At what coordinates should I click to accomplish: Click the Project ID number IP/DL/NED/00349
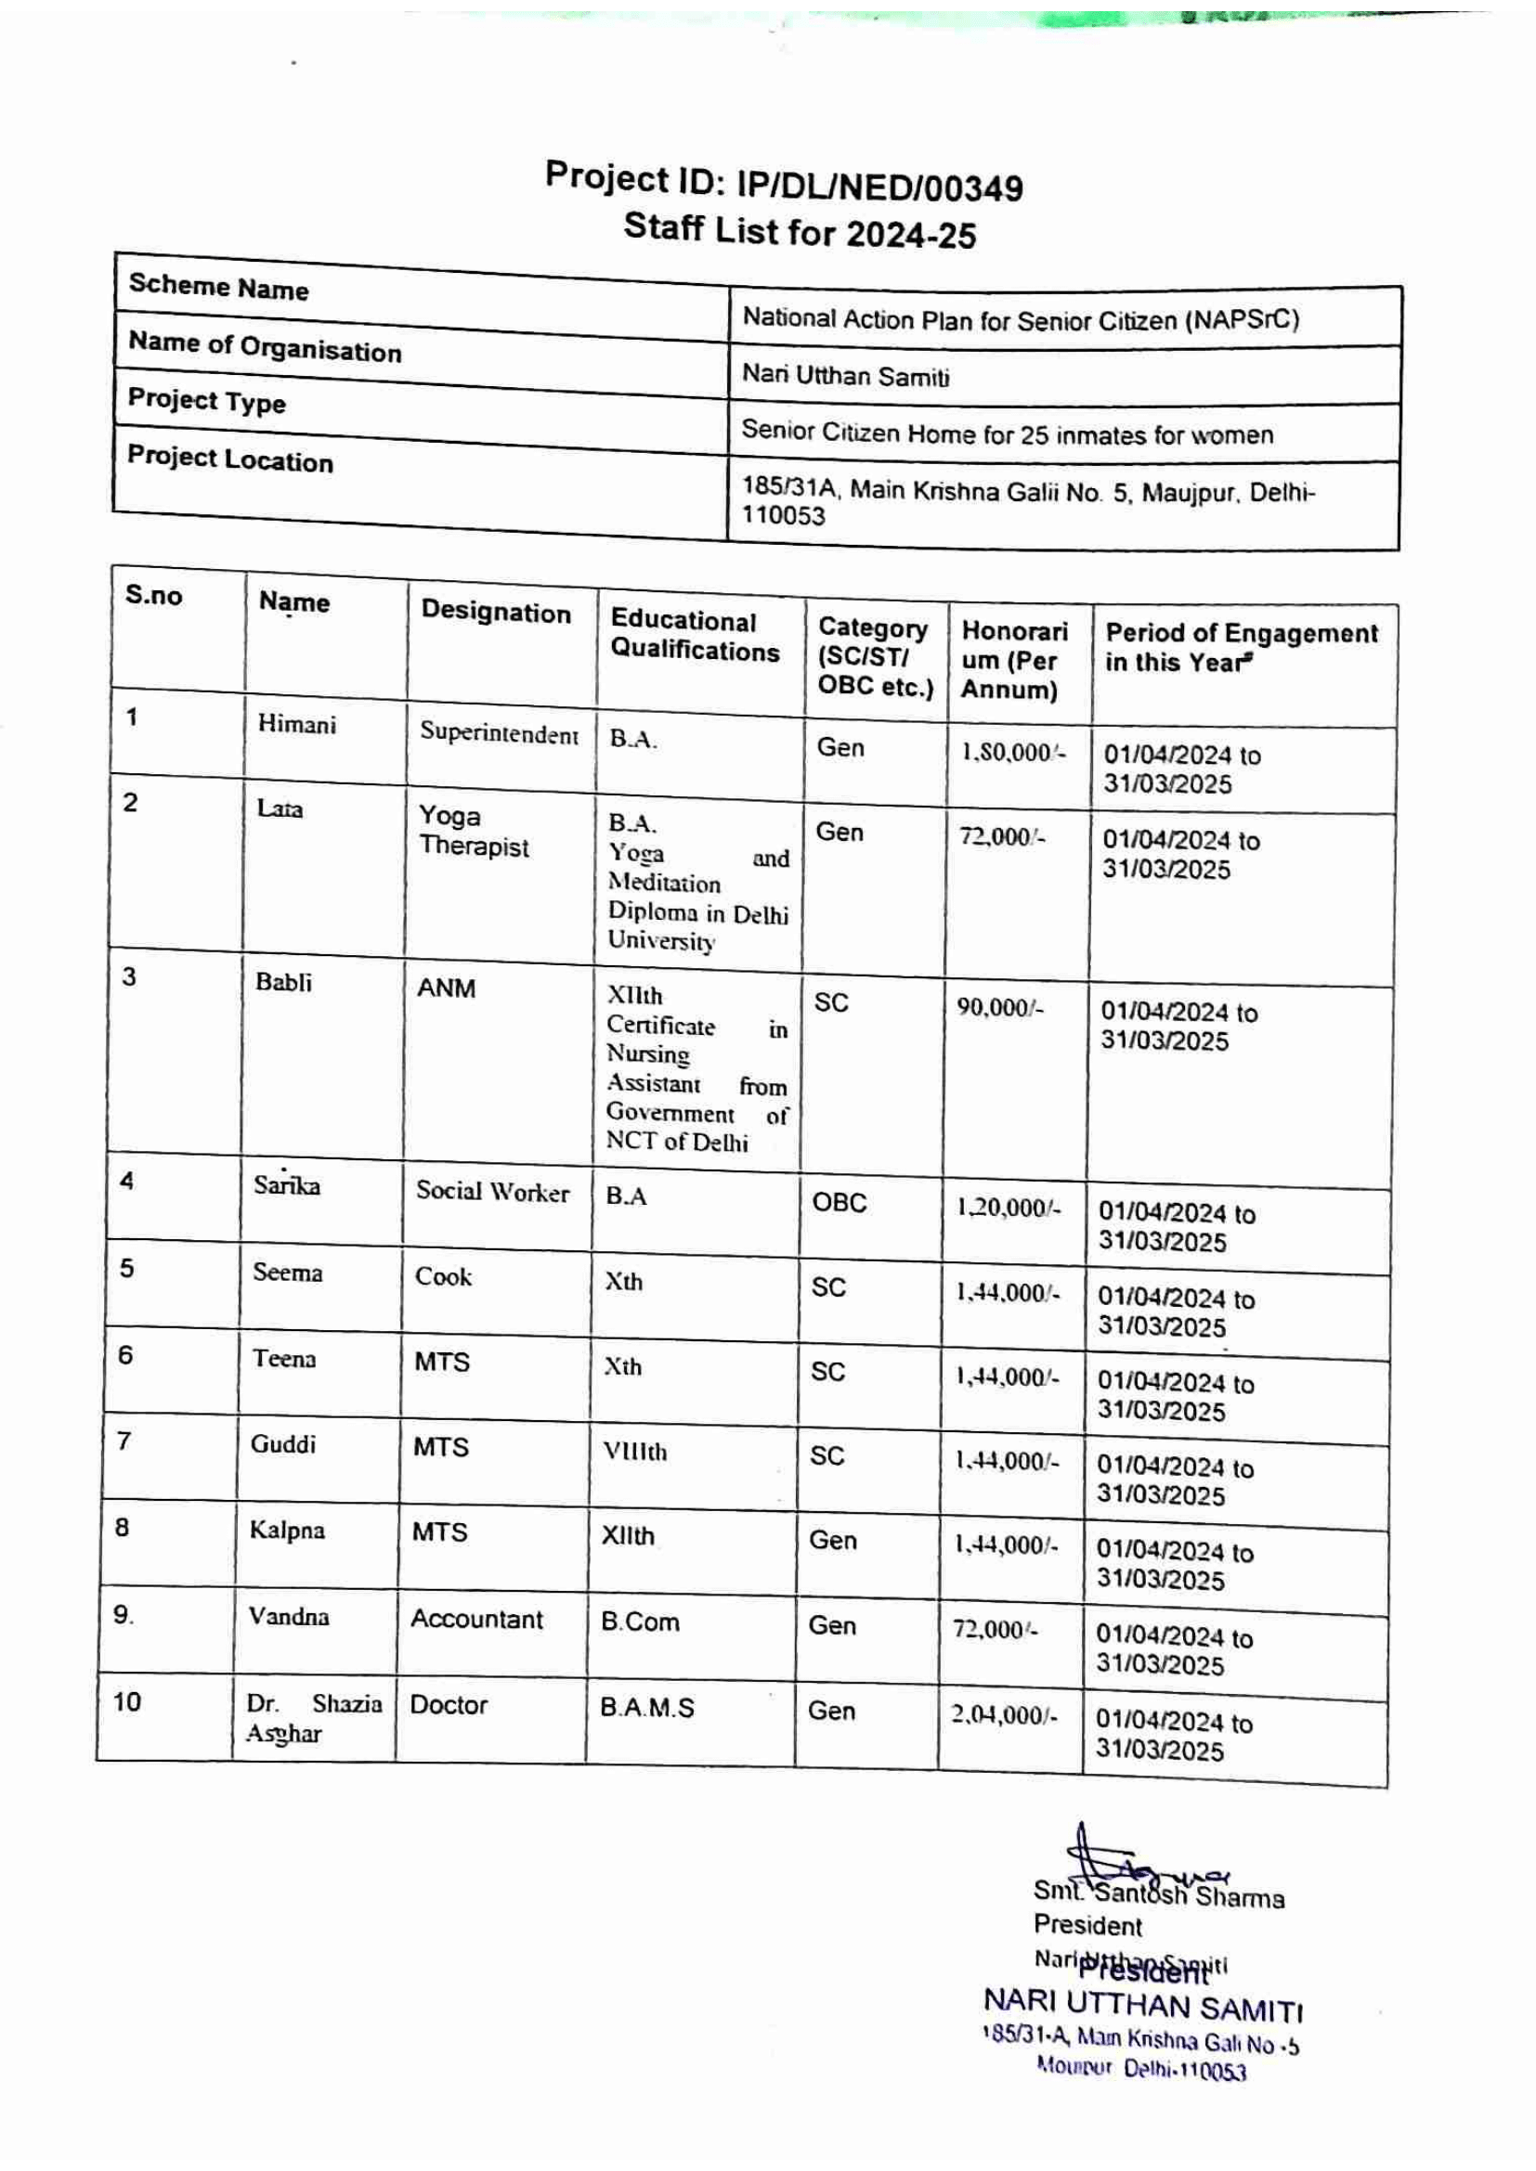pos(879,187)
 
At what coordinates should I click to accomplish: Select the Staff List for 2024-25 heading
pos(800,231)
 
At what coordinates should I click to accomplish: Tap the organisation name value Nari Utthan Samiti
pos(846,376)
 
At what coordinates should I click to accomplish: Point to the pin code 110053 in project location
pos(783,516)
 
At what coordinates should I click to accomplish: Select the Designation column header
pos(496,613)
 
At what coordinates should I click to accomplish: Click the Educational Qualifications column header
pos(695,636)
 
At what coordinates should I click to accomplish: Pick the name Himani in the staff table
pos(296,725)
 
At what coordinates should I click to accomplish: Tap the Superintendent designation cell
pos(499,733)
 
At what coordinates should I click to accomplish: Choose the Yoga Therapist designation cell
pos(473,831)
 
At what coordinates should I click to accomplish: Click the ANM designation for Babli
pos(446,989)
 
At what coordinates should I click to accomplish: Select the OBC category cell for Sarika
pos(839,1203)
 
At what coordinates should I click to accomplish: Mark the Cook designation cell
pos(443,1276)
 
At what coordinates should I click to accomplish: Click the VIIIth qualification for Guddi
pos(634,1452)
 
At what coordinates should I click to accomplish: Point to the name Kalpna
pos(287,1531)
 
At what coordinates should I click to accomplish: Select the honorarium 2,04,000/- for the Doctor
pos(1005,1715)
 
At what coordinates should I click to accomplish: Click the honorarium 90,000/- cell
pos(1000,1008)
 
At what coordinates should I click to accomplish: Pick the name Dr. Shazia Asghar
pos(313,1718)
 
